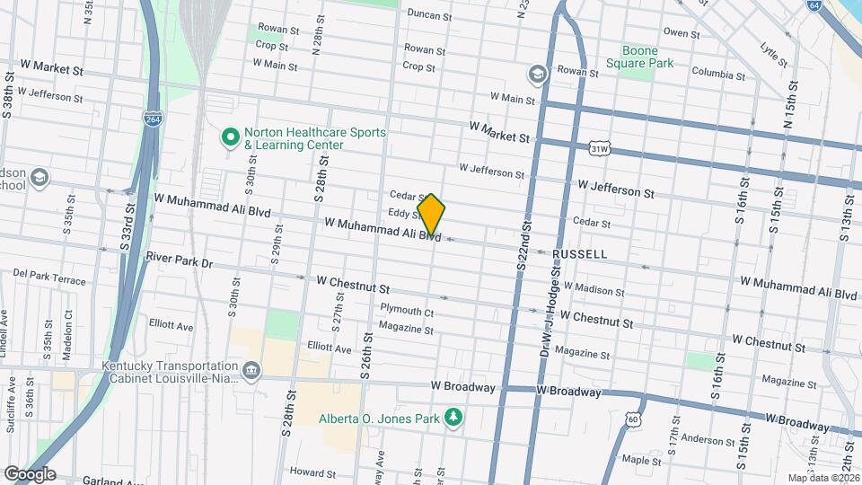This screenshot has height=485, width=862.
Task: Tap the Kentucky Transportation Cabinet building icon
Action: [251, 368]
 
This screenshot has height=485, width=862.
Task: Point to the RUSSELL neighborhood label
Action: [579, 254]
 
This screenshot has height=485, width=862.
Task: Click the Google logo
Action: [29, 473]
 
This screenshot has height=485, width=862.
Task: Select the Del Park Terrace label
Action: [49, 277]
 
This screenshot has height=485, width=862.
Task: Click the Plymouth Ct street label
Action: [407, 312]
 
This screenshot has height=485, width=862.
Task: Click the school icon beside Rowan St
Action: [537, 73]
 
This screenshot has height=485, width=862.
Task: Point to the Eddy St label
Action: [404, 214]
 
